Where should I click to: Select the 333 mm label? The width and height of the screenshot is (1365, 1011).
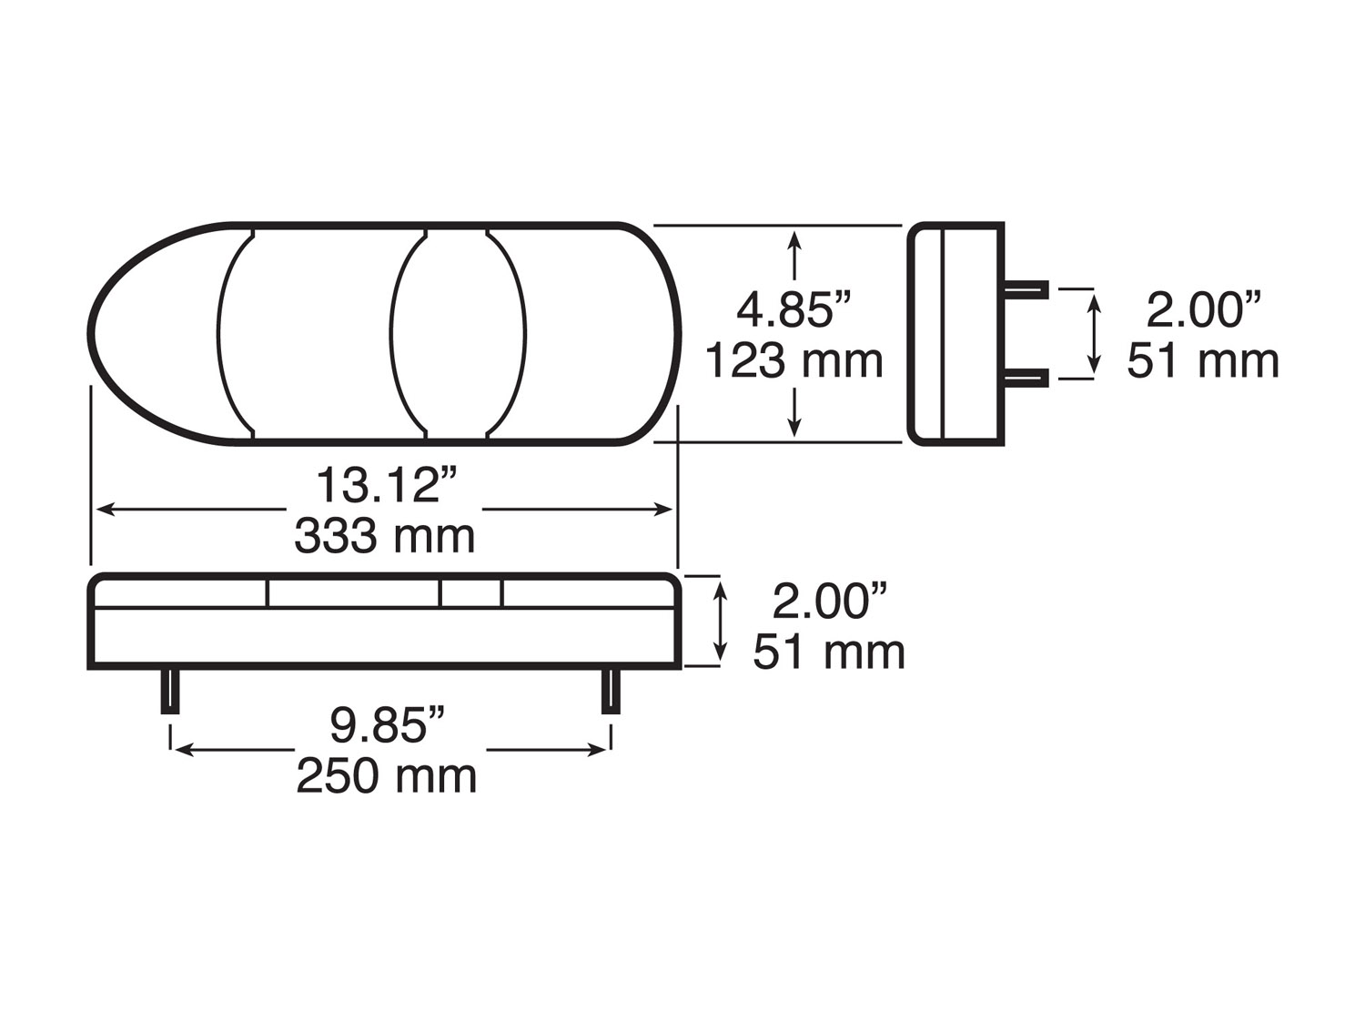pyautogui.click(x=385, y=537)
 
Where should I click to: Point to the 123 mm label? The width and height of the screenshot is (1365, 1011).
pyautogui.click(x=794, y=361)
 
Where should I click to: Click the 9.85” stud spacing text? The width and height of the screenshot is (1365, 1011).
pyautogui.click(x=387, y=726)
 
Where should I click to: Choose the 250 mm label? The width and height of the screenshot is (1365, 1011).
pyautogui.click(x=387, y=777)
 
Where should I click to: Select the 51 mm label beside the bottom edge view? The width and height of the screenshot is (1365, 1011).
pyautogui.click(x=829, y=652)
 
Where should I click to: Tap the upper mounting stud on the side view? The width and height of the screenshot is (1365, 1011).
pyautogui.click(x=1026, y=289)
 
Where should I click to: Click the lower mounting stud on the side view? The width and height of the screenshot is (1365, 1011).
pyautogui.click(x=1026, y=377)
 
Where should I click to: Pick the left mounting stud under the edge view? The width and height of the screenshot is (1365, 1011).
pyautogui.click(x=170, y=692)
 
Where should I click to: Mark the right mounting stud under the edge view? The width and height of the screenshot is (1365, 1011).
pyautogui.click(x=610, y=692)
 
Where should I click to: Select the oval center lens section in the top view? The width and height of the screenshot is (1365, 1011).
pyautogui.click(x=458, y=333)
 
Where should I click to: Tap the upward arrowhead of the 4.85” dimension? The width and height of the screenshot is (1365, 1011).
pyautogui.click(x=795, y=238)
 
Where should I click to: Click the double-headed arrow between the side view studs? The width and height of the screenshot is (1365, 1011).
pyautogui.click(x=1095, y=333)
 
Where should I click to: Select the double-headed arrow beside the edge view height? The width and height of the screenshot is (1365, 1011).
pyautogui.click(x=721, y=622)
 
